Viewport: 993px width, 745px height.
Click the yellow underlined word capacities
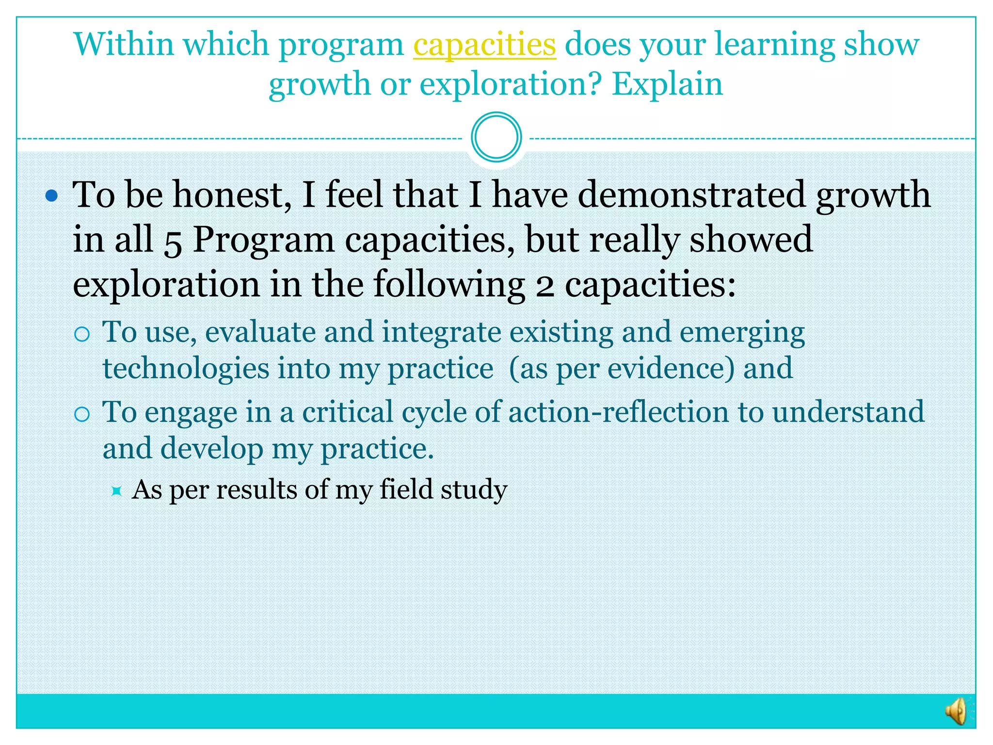coord(484,45)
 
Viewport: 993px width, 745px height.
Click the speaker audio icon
coord(957,711)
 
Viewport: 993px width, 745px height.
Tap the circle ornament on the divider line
coord(496,137)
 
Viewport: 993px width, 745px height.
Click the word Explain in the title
coord(667,84)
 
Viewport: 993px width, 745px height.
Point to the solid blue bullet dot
coord(51,196)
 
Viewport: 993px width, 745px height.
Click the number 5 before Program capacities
coord(173,241)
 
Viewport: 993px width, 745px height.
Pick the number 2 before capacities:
coord(545,286)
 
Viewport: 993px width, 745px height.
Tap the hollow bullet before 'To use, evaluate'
coord(82,334)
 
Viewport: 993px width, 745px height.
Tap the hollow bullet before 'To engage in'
coord(82,414)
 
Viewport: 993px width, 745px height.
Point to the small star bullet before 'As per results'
coord(116,491)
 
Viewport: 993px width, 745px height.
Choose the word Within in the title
coord(124,45)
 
